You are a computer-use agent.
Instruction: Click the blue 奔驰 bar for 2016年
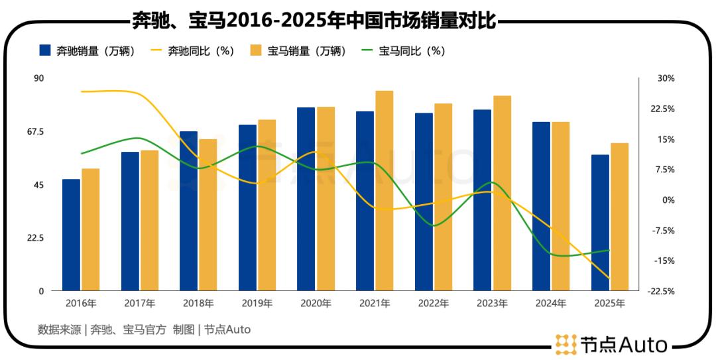point(71,235)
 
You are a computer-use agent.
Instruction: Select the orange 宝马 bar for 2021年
point(385,191)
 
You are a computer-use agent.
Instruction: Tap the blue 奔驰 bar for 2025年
point(600,223)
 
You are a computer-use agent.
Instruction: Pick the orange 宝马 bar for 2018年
point(208,215)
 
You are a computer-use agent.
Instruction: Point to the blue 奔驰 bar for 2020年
point(306,199)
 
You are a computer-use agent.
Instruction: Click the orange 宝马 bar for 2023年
point(502,193)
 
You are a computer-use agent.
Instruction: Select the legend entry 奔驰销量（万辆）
point(87,51)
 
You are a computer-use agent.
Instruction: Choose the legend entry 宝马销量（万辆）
point(298,51)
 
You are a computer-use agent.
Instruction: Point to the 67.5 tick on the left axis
point(34,132)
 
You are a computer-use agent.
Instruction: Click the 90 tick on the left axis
point(38,78)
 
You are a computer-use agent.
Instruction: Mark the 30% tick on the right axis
point(666,78)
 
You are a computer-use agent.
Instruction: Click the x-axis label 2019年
point(257,304)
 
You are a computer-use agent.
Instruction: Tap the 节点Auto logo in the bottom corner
point(611,344)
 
